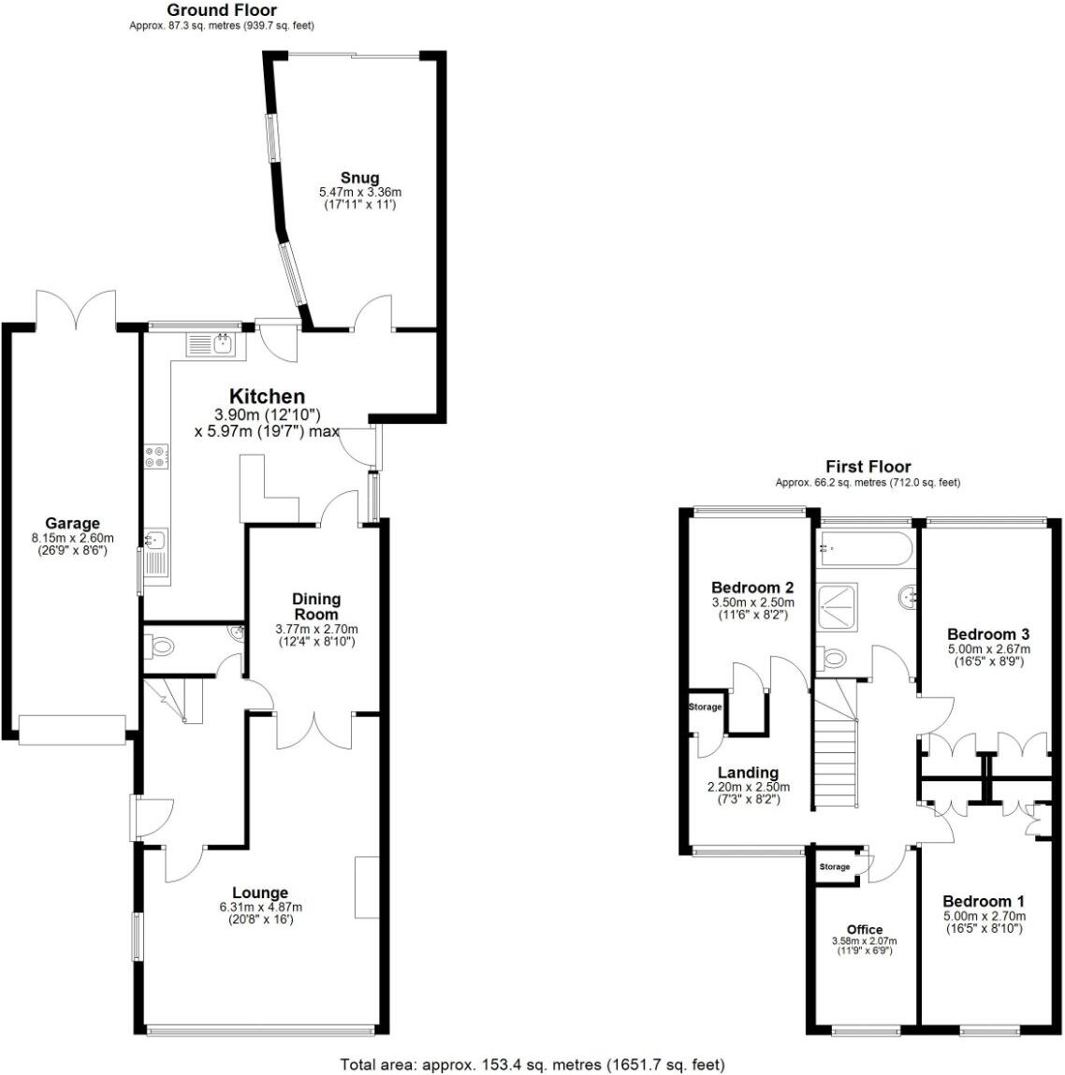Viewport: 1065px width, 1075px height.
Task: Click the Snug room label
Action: pyautogui.click(x=359, y=178)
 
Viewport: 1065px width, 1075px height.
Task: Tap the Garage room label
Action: pyautogui.click(x=72, y=523)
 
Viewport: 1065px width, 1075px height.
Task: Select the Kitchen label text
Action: pyautogui.click(x=267, y=397)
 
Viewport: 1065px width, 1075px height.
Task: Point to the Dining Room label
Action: pyautogui.click(x=316, y=606)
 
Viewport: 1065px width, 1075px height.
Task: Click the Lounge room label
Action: pyautogui.click(x=260, y=893)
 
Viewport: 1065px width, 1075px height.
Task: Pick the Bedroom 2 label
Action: pyautogui.click(x=752, y=588)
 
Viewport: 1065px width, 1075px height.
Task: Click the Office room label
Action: pyautogui.click(x=864, y=929)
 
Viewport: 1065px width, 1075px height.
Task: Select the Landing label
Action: pyautogui.click(x=748, y=772)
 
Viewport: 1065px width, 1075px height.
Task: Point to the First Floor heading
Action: pyautogui.click(x=868, y=466)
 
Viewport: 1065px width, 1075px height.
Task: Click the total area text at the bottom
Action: pyautogui.click(x=532, y=1064)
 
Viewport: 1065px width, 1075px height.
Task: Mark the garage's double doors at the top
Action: pyautogui.click(x=75, y=308)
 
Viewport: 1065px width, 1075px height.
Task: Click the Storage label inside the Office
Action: pyautogui.click(x=835, y=867)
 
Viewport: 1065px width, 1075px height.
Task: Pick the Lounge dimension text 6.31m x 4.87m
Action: pyautogui.click(x=260, y=907)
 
